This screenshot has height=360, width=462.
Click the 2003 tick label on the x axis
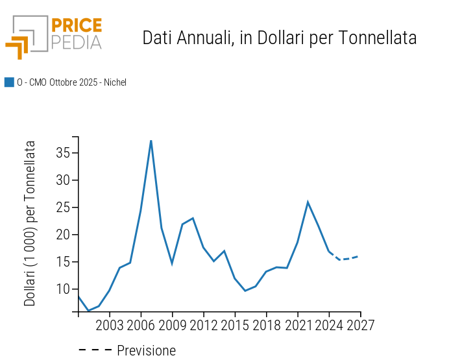click(110, 325)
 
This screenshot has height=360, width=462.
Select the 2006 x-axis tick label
click(141, 325)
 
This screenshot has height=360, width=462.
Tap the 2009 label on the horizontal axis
click(172, 325)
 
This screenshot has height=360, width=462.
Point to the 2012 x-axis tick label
click(203, 325)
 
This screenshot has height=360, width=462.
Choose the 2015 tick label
click(235, 325)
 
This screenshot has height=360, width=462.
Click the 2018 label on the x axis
click(266, 325)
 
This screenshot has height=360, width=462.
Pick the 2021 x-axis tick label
click(297, 325)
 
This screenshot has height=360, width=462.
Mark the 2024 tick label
click(329, 325)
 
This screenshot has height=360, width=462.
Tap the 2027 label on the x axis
click(360, 325)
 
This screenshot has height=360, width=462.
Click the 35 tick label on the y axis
click(63, 153)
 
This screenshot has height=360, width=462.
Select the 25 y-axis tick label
click(63, 208)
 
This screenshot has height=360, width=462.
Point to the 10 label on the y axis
click(63, 289)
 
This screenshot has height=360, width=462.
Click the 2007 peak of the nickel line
click(151, 140)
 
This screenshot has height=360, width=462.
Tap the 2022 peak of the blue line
click(308, 202)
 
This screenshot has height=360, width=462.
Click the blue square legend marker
click(9, 82)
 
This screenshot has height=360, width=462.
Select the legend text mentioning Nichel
click(71, 82)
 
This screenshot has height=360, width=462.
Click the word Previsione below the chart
click(146, 351)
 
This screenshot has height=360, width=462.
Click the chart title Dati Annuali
click(279, 38)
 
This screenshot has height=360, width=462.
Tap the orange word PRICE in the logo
click(76, 25)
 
